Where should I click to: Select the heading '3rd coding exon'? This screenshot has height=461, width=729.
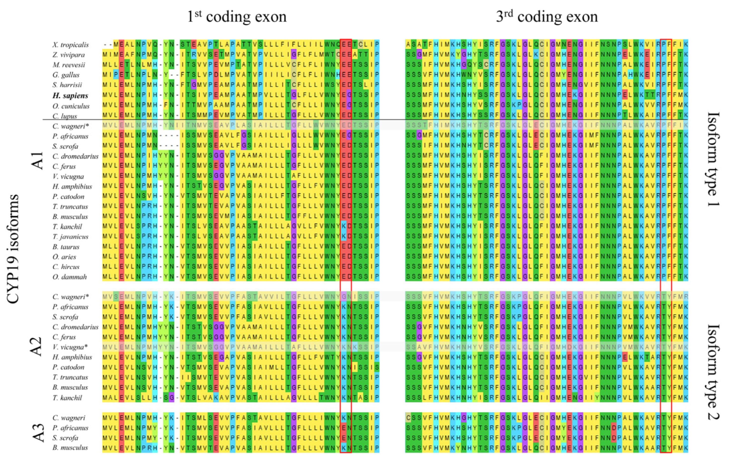547,17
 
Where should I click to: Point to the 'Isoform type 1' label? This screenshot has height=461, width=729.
713,159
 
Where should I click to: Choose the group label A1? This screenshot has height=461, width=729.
38,161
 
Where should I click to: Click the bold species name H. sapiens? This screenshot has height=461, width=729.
70,96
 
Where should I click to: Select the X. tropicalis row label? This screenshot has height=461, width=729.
70,45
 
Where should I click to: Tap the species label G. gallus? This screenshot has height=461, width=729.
66,75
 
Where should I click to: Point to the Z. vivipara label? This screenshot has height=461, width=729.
68,55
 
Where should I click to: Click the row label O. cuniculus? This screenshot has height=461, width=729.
71,106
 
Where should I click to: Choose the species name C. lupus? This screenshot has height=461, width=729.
65,116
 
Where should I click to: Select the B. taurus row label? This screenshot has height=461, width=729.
66,247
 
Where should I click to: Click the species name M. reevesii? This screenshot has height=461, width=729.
69,65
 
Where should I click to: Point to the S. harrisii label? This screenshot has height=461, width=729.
67,85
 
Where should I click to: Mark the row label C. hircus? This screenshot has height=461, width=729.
66,267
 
